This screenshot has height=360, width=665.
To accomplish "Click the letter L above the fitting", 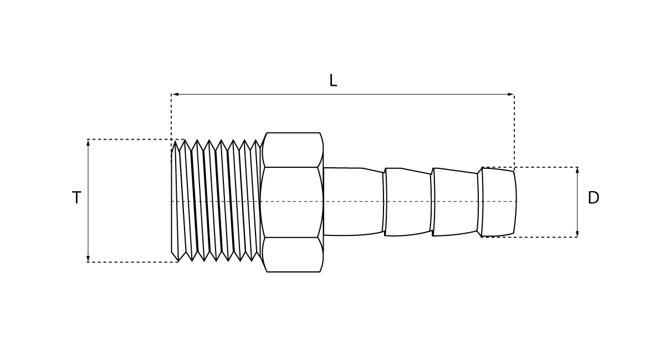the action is tap(334, 80).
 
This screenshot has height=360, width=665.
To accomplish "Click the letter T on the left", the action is tap(76, 197).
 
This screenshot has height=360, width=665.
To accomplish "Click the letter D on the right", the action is tap(594, 198).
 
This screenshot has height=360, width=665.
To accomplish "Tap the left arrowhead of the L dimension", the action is tap(175, 94).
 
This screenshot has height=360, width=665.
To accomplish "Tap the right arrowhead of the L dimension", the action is tap(510, 94).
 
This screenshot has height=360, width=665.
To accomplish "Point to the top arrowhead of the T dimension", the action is tap(88, 142).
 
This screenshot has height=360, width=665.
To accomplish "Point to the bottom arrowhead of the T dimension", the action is tap(88, 259).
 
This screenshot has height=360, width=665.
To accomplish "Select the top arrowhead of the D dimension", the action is tap(577, 171).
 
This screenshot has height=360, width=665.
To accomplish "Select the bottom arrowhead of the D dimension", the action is tap(577, 234).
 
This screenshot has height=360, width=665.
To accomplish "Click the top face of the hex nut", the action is tap(293, 150).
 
